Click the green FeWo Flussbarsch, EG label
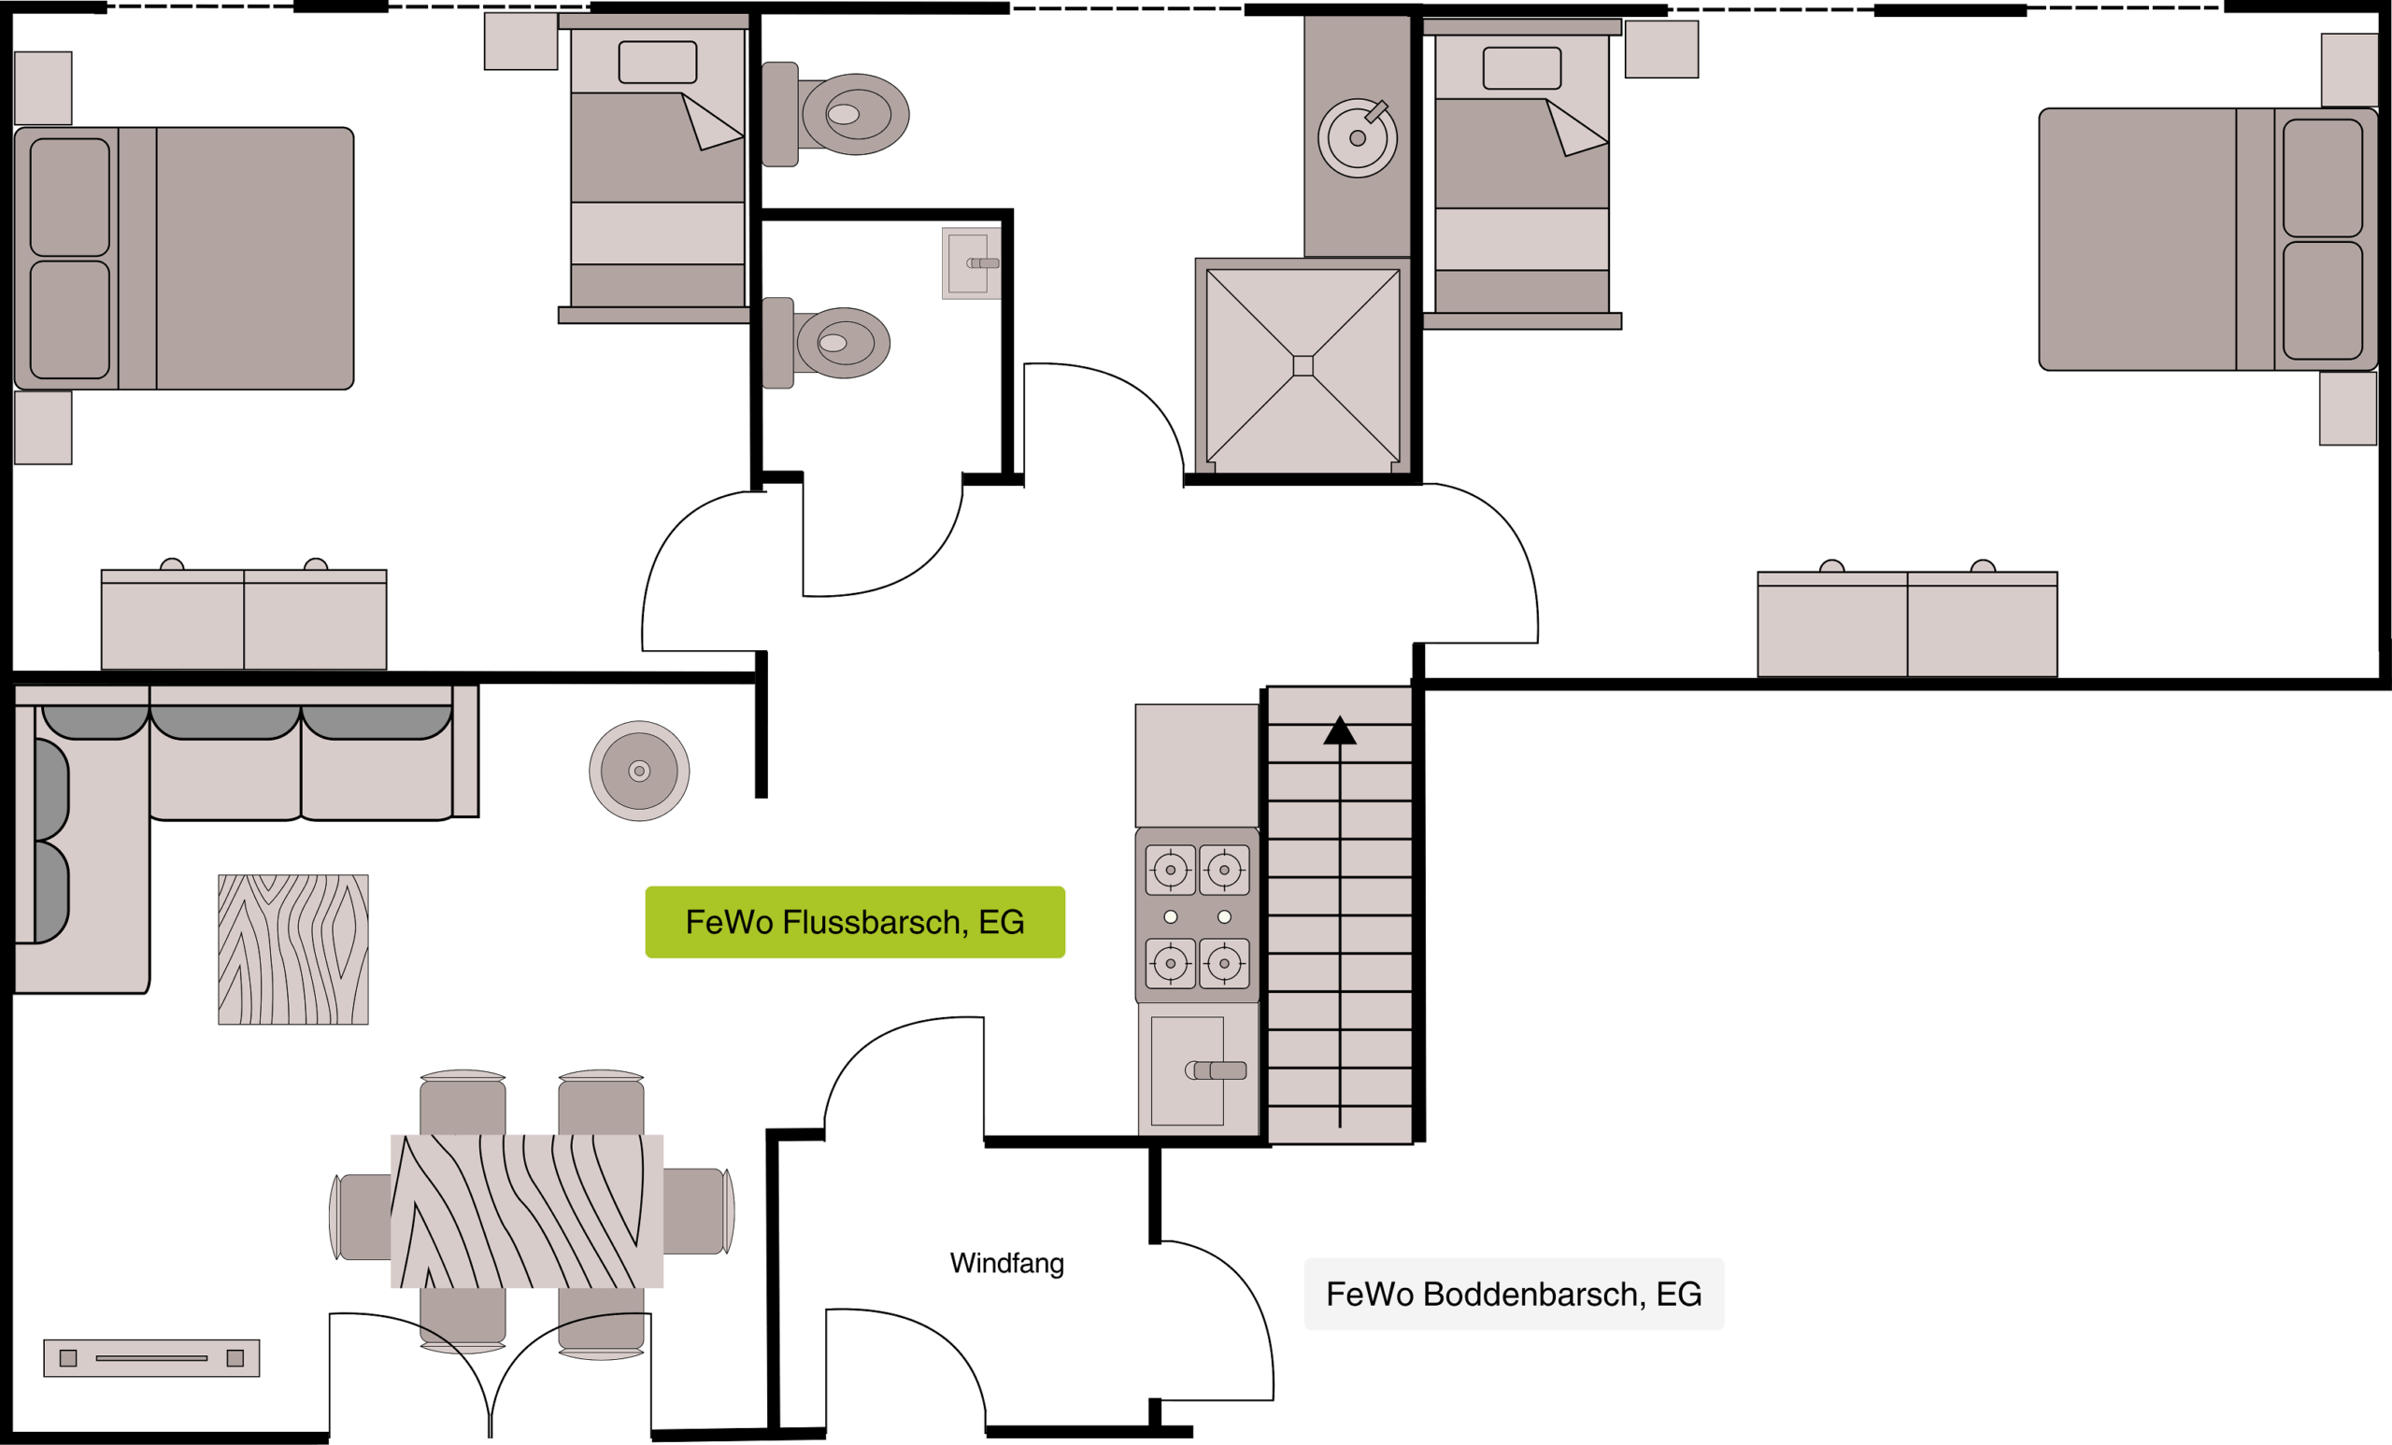(854, 922)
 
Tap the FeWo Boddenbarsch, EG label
(1514, 1294)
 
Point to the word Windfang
(1006, 1263)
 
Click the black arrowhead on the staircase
(1340, 730)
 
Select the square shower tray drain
(1303, 366)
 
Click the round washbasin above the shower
(1357, 138)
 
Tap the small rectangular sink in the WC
(971, 263)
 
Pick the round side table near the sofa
(639, 771)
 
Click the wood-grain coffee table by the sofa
(293, 949)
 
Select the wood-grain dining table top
(527, 1211)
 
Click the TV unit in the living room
(151, 1357)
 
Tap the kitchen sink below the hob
(1198, 1070)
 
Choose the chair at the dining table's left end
(361, 1217)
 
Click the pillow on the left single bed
(657, 62)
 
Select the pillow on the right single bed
(1522, 68)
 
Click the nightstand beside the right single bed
(1662, 49)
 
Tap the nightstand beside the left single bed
(521, 41)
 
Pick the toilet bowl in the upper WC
(855, 115)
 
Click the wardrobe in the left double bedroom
(244, 619)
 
